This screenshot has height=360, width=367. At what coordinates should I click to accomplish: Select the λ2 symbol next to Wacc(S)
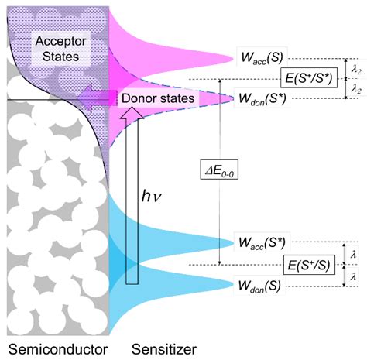(355, 67)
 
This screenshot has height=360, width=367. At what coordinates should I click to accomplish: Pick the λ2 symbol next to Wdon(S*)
(355, 88)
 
